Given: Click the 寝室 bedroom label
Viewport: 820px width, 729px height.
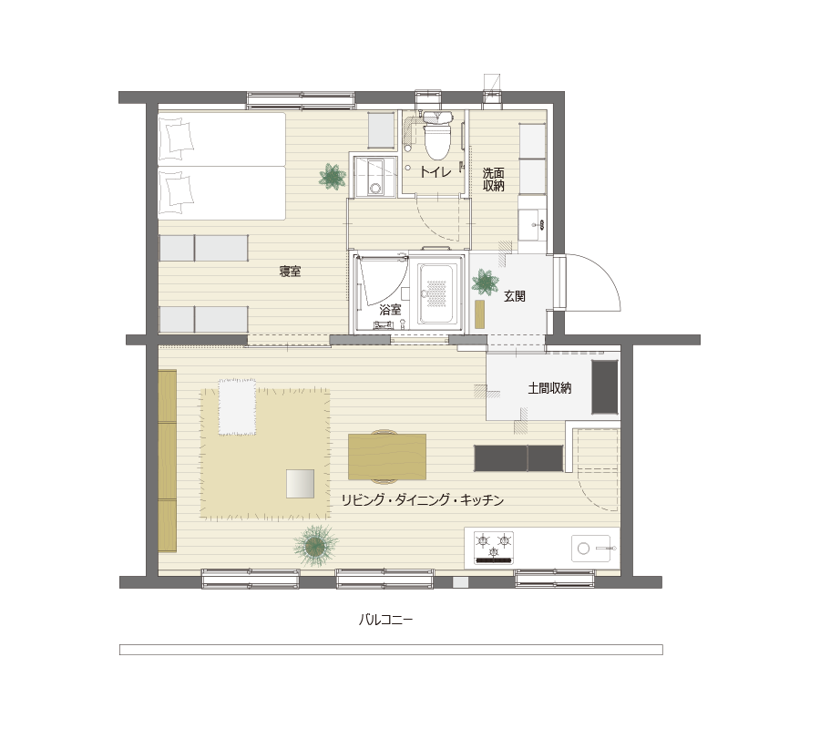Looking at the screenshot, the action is [x=290, y=272].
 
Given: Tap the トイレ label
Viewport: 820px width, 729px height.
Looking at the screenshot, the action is [x=436, y=171].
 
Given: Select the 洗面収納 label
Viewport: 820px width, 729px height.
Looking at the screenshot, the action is [x=493, y=180].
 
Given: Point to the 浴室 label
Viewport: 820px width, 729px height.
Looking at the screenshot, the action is [x=390, y=310].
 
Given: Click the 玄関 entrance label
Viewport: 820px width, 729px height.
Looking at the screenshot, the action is [x=515, y=296].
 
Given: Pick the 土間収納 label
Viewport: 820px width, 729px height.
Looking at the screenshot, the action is [x=549, y=388].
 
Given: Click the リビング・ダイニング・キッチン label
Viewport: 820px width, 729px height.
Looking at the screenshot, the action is [x=423, y=500].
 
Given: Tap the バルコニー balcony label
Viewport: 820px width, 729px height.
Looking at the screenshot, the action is [x=386, y=621].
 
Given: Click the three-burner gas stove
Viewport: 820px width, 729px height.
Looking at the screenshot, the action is [x=494, y=548].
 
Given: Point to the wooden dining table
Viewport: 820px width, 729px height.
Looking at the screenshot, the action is [x=387, y=457].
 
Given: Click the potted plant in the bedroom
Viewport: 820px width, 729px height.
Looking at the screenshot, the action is [x=332, y=176].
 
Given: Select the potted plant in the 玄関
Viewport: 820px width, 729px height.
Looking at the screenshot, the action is [x=485, y=282].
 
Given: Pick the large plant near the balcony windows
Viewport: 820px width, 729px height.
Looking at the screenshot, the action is [x=315, y=547].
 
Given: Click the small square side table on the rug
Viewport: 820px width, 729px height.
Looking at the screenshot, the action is [x=300, y=484].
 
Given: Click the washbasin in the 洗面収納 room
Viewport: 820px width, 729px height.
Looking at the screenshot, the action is [x=533, y=225].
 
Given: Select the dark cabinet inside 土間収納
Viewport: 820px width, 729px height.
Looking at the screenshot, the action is [x=605, y=387].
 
